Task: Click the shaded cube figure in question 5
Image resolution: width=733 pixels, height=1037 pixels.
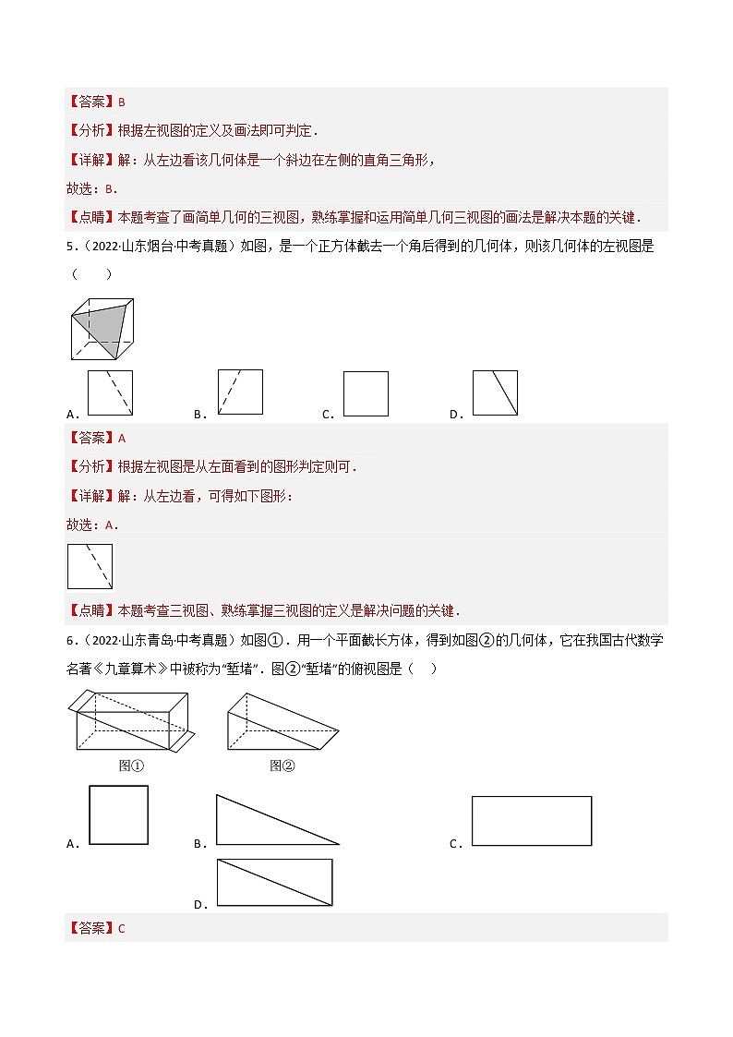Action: [102, 329]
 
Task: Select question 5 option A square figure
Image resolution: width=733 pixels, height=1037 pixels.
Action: [110, 393]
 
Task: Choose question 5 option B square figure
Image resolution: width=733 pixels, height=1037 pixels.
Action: [240, 392]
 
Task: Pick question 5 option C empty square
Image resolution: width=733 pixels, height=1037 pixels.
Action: [366, 394]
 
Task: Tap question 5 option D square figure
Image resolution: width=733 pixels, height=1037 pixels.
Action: [495, 393]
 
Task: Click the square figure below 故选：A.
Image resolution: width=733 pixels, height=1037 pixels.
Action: [90, 566]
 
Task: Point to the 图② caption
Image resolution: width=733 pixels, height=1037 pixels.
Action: [282, 766]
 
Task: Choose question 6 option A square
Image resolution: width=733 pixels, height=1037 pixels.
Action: [118, 814]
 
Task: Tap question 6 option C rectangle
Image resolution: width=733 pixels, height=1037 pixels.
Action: [531, 821]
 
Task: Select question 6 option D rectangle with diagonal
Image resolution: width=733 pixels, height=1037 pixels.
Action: [274, 883]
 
